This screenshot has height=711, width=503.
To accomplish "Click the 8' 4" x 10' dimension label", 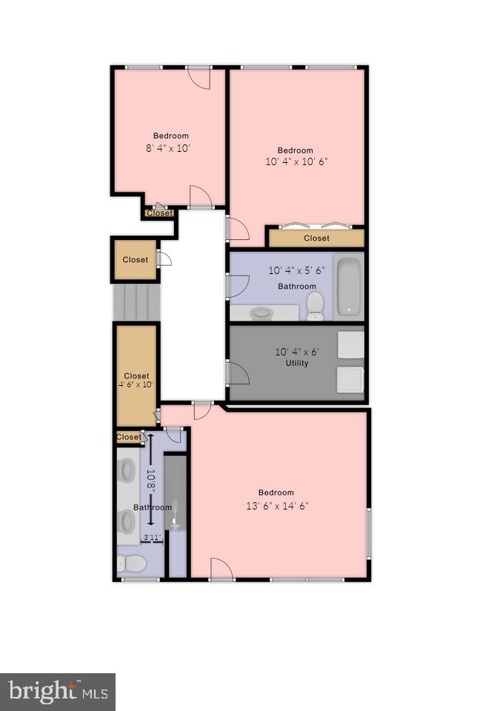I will (x=169, y=148).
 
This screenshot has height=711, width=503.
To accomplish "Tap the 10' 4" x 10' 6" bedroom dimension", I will (x=296, y=161).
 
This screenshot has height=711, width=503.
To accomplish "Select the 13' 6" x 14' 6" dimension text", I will (x=276, y=506).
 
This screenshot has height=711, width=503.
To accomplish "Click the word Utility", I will (x=296, y=363).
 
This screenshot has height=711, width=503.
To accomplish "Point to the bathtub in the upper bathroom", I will (x=348, y=287).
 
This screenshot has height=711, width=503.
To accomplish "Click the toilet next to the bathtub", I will (x=315, y=304).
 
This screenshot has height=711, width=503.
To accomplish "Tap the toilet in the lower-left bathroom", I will (x=132, y=564).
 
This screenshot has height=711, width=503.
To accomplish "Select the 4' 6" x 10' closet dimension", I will (x=136, y=385).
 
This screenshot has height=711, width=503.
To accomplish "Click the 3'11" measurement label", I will (x=152, y=538).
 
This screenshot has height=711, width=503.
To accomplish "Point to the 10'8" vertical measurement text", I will (x=150, y=482).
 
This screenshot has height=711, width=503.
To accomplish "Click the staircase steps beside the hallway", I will (x=136, y=302).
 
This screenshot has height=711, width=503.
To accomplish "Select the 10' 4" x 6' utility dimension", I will (x=296, y=352).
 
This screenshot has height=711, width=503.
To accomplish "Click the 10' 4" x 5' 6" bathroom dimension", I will (x=296, y=271).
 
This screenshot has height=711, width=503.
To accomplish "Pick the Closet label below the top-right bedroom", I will (x=316, y=238).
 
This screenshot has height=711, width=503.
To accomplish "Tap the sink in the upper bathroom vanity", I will (x=261, y=313).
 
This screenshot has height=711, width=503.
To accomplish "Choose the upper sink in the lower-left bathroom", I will (x=127, y=470).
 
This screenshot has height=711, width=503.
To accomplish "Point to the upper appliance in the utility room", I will (x=351, y=344).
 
